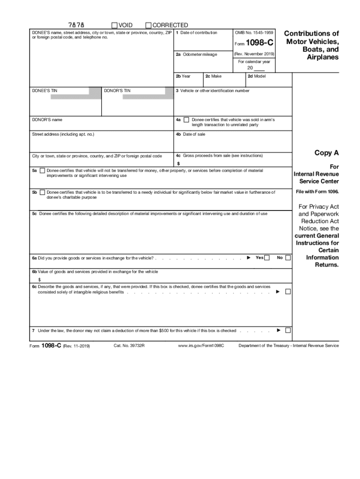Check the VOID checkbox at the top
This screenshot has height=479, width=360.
click(115, 25)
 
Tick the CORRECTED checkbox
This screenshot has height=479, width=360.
click(149, 25)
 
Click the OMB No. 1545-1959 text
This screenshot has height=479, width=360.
click(253, 33)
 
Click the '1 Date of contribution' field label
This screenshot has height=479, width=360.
click(196, 33)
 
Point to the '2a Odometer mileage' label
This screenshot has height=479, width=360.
click(196, 54)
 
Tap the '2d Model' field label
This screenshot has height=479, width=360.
click(257, 76)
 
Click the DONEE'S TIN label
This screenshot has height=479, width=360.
click(45, 91)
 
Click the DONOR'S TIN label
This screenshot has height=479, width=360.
click(117, 91)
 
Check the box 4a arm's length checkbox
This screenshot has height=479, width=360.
click(187, 120)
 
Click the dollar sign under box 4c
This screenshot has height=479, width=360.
click(178, 164)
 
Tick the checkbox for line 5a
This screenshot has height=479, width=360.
click(43, 171)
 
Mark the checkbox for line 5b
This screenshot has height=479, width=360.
click(43, 192)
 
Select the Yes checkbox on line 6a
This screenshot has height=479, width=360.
click(267, 257)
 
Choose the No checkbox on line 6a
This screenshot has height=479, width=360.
click(288, 257)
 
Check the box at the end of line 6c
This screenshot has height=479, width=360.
click(288, 291)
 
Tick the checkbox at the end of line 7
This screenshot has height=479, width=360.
click(288, 330)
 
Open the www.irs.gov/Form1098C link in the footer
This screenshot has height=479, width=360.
click(201, 346)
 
